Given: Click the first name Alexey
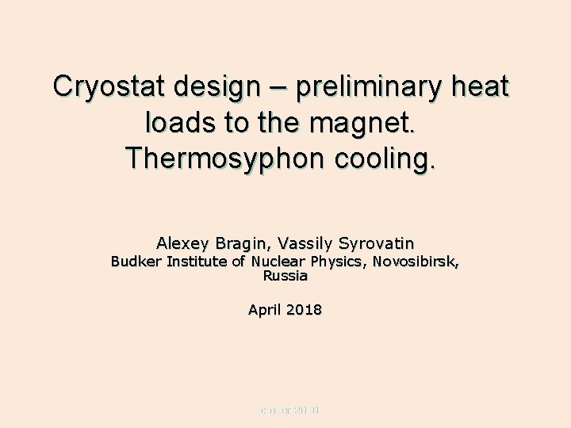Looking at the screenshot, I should [181, 243].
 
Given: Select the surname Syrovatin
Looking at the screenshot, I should [376, 243].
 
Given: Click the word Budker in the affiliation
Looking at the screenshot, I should [135, 262].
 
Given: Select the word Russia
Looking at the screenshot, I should [285, 277].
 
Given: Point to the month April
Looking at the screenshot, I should [264, 310].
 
